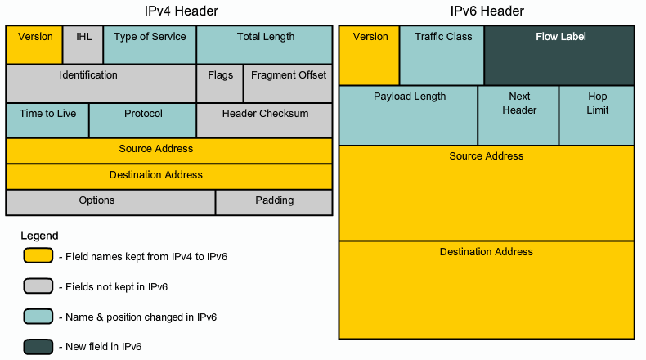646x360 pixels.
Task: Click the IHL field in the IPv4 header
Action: (x=83, y=45)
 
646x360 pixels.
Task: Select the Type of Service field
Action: (x=150, y=45)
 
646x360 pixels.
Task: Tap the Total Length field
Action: (x=265, y=45)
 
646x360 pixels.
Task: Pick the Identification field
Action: (x=101, y=83)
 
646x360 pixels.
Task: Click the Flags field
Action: (x=220, y=83)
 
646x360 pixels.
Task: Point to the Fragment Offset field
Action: (x=288, y=83)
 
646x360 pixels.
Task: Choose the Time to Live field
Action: (x=47, y=120)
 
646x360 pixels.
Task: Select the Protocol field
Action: (x=143, y=120)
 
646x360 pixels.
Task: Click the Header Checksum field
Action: (x=265, y=120)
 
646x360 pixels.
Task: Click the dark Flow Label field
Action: (x=560, y=56)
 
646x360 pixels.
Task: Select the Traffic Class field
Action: (x=442, y=56)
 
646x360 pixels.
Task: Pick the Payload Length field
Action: (x=409, y=115)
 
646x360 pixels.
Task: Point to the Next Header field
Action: (x=518, y=115)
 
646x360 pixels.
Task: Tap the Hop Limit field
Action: (x=597, y=115)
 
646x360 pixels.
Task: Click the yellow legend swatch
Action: (x=38, y=256)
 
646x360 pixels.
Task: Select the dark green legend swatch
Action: (x=38, y=346)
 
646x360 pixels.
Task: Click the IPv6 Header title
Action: (x=487, y=11)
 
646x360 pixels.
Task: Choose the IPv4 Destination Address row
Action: (x=169, y=176)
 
